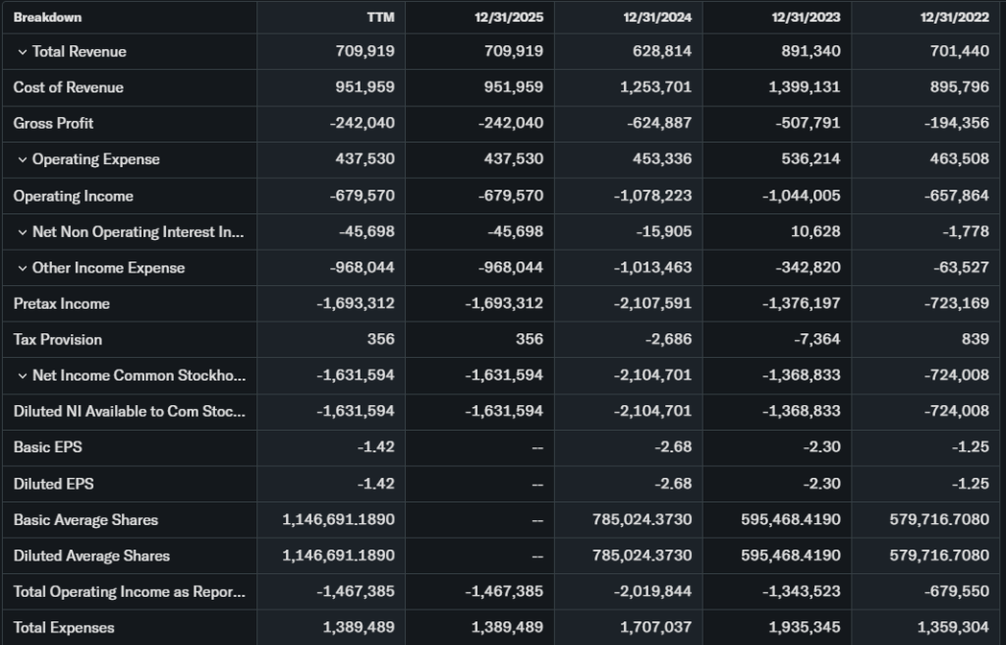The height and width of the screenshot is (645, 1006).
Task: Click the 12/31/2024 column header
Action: (x=657, y=17)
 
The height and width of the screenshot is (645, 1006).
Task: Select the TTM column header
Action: (x=380, y=17)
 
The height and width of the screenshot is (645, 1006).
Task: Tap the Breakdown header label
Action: (x=47, y=17)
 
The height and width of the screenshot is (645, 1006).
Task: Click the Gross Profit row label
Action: (x=53, y=123)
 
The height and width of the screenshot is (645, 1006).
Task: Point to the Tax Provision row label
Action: (x=58, y=339)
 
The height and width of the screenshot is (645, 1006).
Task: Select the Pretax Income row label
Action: (x=62, y=303)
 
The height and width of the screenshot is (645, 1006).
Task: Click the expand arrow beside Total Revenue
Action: (x=22, y=51)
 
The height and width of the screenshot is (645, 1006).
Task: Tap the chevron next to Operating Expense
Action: (x=22, y=159)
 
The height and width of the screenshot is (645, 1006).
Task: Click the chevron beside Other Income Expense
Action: (x=22, y=267)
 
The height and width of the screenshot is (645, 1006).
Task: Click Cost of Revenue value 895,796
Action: (x=957, y=88)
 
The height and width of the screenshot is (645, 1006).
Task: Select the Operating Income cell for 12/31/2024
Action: (x=652, y=196)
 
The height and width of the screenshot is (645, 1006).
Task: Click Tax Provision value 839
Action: (x=973, y=339)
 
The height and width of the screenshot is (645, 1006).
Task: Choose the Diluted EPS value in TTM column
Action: (x=377, y=484)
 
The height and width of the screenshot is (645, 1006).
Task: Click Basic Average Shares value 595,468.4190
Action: (x=791, y=519)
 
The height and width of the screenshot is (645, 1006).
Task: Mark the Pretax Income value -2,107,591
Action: (x=652, y=303)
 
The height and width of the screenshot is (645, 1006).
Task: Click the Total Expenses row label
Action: (x=64, y=627)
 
